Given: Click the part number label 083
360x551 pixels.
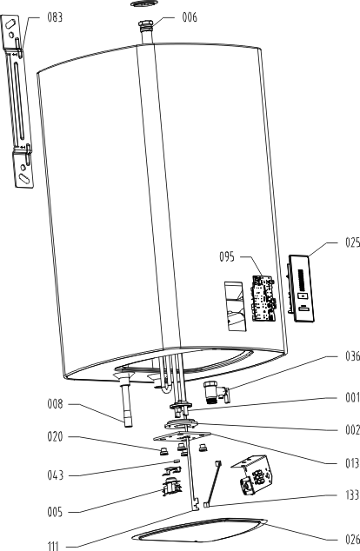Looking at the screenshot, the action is click(55, 17).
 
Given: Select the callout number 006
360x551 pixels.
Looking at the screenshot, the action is click(190, 17).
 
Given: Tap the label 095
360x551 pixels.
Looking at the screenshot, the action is click(227, 257).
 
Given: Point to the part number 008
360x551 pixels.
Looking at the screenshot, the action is click(55, 404).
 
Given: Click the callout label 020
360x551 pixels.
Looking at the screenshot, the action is click(55, 437).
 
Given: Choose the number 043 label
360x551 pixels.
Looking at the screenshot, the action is click(55, 475).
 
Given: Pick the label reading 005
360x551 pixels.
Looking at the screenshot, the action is click(55, 512).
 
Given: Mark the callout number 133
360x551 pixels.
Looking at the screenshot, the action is click(353, 495).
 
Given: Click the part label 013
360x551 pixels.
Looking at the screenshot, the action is click(353, 463).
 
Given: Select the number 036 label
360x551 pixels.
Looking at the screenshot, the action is click(353, 356).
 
